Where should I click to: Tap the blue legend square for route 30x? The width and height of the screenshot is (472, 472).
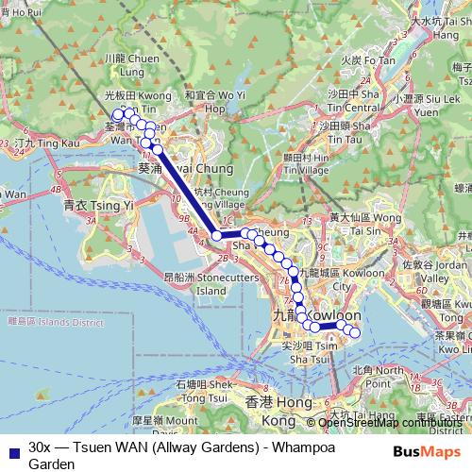click(x=12, y=449)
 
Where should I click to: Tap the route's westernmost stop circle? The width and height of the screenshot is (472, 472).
click(x=118, y=114)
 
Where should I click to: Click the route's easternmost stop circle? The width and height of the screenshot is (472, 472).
click(x=355, y=331)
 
